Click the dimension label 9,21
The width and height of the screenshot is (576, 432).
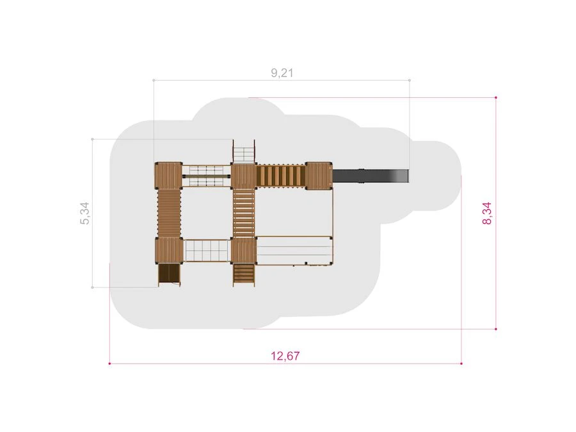coord(282,73)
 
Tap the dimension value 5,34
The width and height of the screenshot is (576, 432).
coord(85,213)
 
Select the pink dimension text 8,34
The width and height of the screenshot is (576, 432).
coord(487,213)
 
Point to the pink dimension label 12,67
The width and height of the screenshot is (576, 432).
coord(285,356)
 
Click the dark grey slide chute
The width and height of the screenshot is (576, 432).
coord(371,175)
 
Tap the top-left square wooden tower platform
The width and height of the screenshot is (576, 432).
coord(168,175)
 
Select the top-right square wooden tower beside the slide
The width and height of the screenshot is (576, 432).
coord(319,175)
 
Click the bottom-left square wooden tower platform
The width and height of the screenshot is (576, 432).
coord(169,250)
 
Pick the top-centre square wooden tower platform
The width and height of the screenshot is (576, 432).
coord(244,175)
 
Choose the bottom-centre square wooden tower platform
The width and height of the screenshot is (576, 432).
coord(244,251)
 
